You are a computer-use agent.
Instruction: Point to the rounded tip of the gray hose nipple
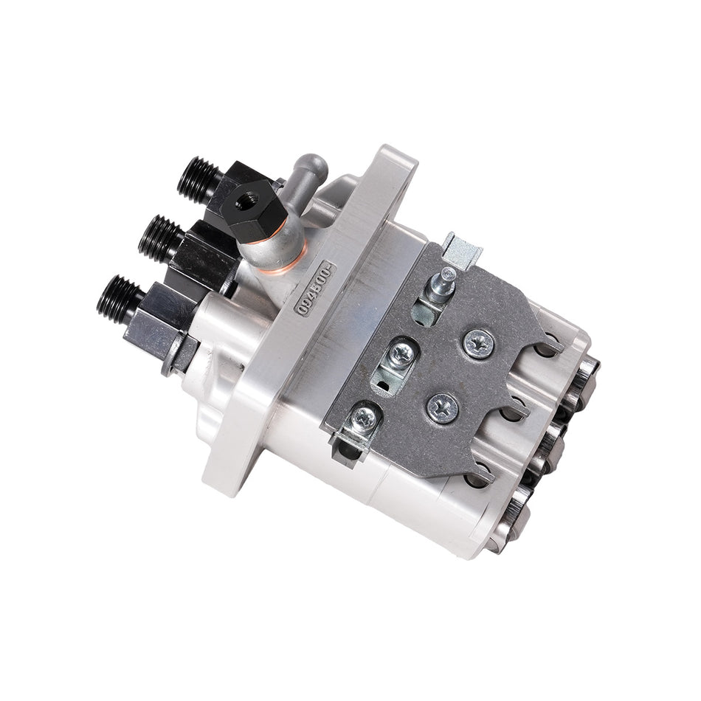click(x=309, y=163)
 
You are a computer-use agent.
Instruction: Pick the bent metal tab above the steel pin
click(x=463, y=250)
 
